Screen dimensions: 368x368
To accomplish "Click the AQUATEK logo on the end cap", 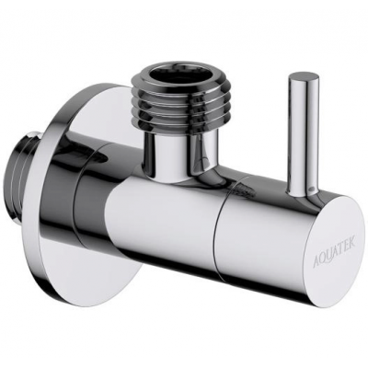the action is coord(334,248).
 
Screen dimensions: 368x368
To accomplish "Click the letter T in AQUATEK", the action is coord(340,247).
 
